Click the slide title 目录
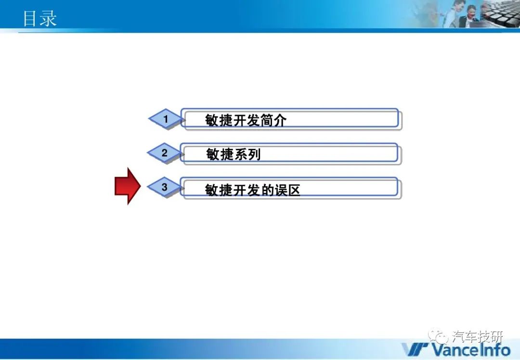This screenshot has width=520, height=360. (x=39, y=18)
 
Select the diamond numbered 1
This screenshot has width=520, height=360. (x=165, y=119)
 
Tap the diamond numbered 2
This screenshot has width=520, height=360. (x=165, y=153)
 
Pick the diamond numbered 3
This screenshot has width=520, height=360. (x=165, y=187)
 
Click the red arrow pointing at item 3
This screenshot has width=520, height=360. (x=128, y=186)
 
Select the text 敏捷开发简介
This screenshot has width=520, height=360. (x=246, y=120)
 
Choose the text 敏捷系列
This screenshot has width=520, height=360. (x=234, y=154)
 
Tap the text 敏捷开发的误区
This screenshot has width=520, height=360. (x=252, y=190)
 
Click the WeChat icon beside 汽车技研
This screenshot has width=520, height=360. (x=438, y=337)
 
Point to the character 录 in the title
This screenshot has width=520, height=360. (x=48, y=18)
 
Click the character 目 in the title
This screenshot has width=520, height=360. (x=30, y=18)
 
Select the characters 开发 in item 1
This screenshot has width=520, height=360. (x=246, y=120)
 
